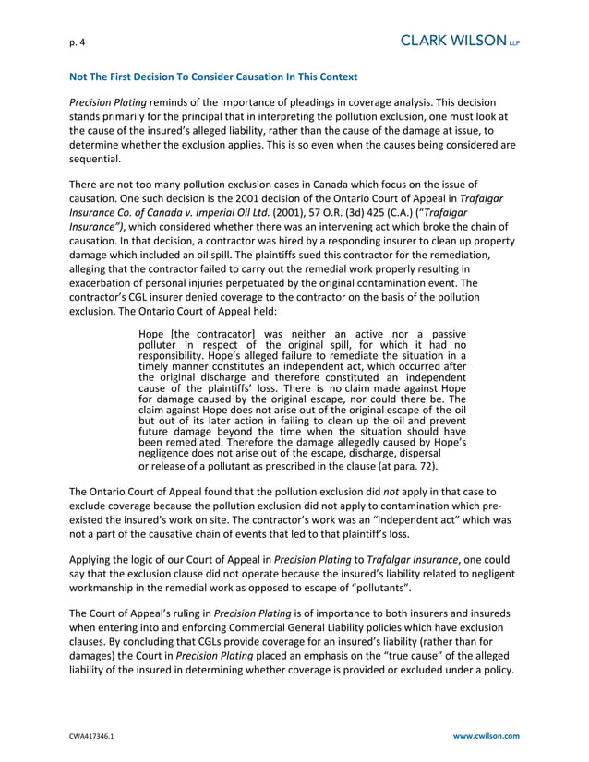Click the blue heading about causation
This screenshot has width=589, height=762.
coord(213,76)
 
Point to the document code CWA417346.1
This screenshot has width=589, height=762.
coord(95,736)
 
